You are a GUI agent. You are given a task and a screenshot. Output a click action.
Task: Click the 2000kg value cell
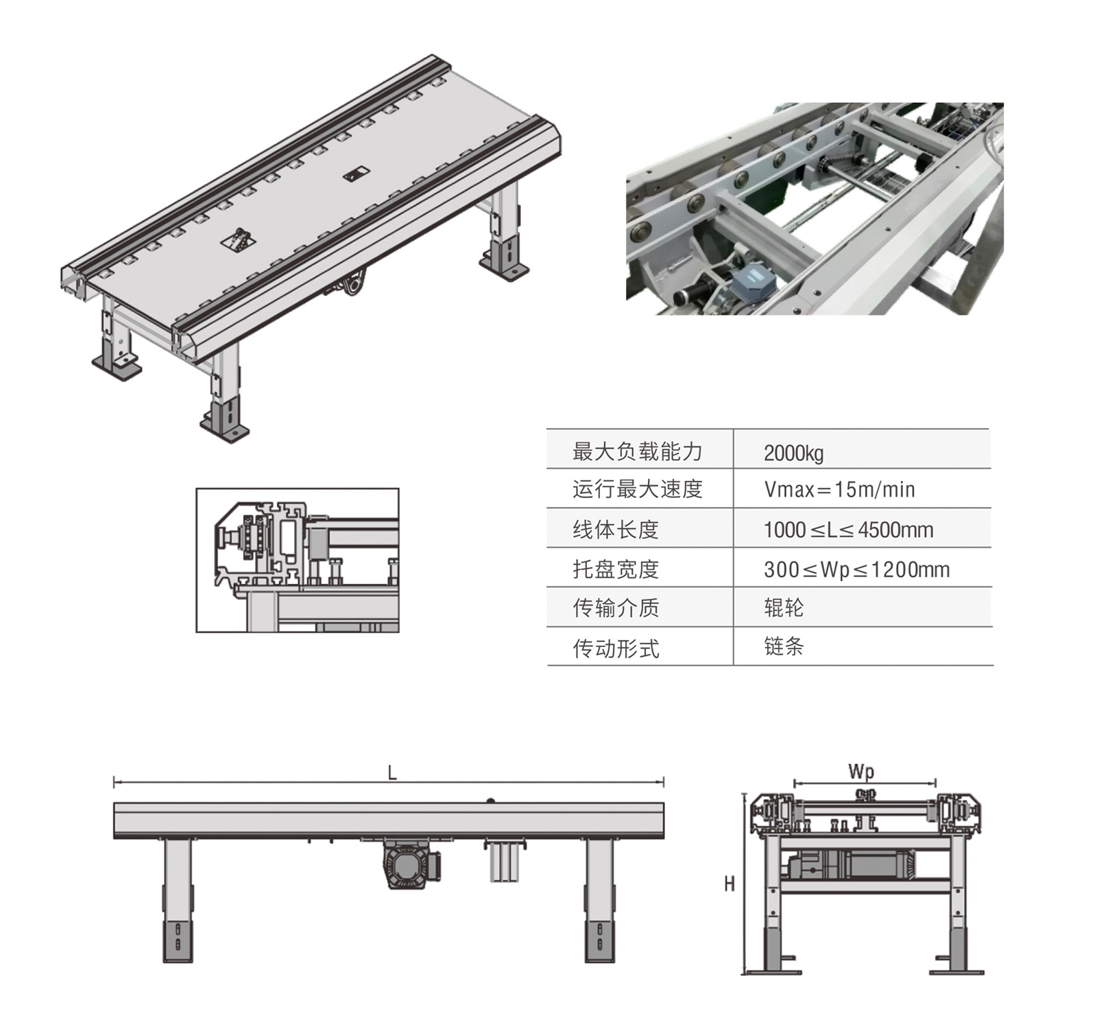click(x=793, y=453)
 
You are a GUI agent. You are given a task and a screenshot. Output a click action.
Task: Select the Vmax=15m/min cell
click(x=839, y=490)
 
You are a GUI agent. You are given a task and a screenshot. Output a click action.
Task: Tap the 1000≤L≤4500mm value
click(x=848, y=530)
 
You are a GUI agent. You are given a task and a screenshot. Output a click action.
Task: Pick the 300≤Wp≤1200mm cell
click(x=856, y=569)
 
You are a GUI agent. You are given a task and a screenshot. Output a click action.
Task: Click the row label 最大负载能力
click(x=638, y=451)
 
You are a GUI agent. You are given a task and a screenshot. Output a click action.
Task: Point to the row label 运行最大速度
click(x=638, y=489)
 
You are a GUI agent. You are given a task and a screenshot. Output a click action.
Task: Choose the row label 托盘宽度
click(x=616, y=569)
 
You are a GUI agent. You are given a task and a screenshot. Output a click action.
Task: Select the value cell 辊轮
click(x=784, y=608)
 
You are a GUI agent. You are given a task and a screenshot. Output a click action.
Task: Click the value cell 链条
click(x=784, y=646)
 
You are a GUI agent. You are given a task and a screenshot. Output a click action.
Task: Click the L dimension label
click(x=392, y=773)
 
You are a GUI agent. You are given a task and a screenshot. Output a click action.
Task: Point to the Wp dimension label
click(x=861, y=772)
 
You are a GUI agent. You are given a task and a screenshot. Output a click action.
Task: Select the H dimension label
click(x=730, y=884)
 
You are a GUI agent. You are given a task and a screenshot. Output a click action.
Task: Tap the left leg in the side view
click(x=178, y=900)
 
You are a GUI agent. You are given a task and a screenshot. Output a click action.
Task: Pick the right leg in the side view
click(x=600, y=900)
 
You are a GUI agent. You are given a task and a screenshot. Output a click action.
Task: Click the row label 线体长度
click(x=616, y=530)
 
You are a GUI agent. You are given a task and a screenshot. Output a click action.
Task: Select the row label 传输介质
click(x=616, y=608)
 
